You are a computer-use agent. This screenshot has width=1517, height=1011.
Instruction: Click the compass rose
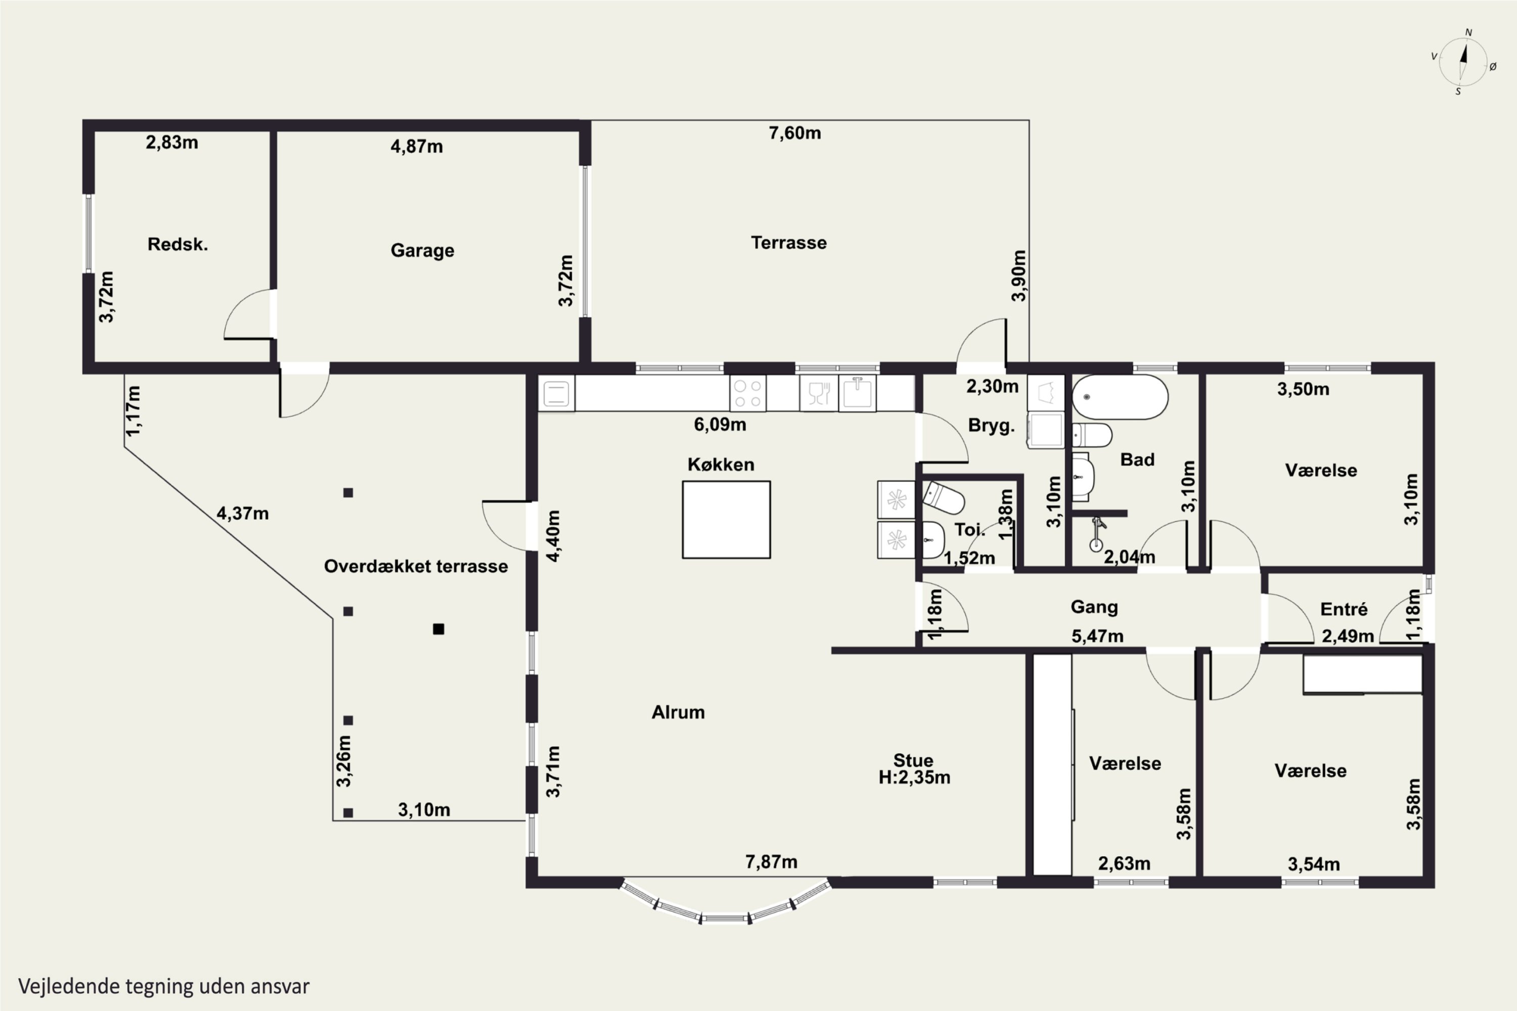pyautogui.click(x=1463, y=62)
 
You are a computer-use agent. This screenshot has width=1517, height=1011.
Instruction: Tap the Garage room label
pyautogui.click(x=422, y=250)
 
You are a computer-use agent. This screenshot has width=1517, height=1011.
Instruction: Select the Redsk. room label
pyautogui.click(x=177, y=244)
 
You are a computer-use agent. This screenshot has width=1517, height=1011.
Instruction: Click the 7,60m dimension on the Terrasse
pyautogui.click(x=794, y=133)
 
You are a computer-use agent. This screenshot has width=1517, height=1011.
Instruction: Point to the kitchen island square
pyautogui.click(x=726, y=519)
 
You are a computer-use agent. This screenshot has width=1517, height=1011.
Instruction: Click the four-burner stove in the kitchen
pyautogui.click(x=747, y=393)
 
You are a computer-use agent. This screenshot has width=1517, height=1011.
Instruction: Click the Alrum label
pyautogui.click(x=678, y=712)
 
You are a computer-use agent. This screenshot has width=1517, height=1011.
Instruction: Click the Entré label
pyautogui.click(x=1344, y=609)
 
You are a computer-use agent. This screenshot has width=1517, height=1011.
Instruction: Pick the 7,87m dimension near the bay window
pyautogui.click(x=772, y=861)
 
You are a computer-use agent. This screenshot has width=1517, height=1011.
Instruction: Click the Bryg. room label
pyautogui.click(x=991, y=426)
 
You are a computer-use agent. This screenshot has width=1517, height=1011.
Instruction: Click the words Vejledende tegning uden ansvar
pyautogui.click(x=164, y=987)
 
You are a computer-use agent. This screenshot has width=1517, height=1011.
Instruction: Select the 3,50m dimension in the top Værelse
pyautogui.click(x=1303, y=389)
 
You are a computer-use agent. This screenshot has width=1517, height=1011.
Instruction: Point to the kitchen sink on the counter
pyautogui.click(x=857, y=393)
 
